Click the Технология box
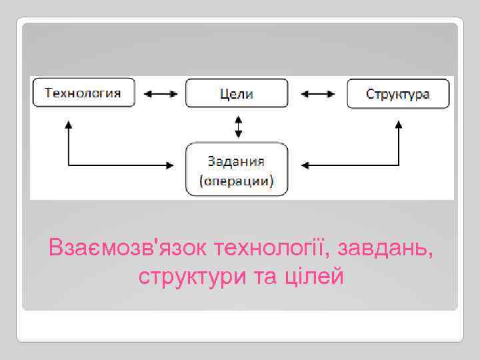point(83,93)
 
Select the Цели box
point(237,93)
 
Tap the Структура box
point(398,93)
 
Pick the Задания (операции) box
point(237,169)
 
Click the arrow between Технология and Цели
point(161,94)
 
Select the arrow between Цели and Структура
point(318,94)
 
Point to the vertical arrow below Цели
point(237,125)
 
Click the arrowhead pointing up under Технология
point(69,125)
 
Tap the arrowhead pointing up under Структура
point(398,125)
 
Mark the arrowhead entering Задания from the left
point(175,164)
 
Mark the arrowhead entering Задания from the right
point(304,164)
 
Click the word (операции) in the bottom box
point(237,180)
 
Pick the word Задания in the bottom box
point(237,161)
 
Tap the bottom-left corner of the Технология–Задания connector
point(69,164)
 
